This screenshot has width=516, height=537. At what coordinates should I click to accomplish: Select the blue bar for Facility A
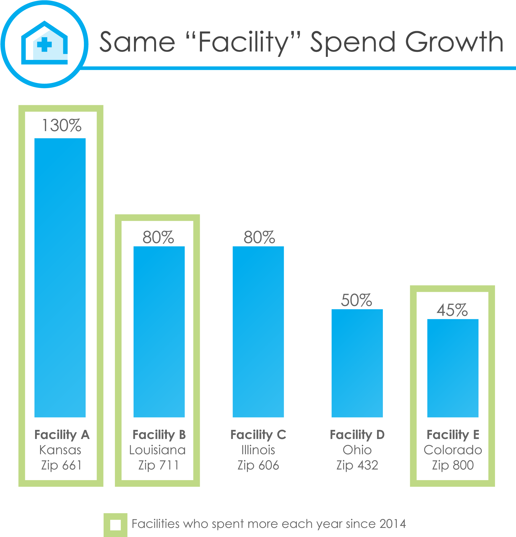click(x=60, y=277)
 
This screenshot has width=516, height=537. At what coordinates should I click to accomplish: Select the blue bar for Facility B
click(x=159, y=332)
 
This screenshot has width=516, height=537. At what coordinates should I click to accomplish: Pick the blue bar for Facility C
click(x=258, y=332)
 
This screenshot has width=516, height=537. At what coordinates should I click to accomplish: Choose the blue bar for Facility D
click(x=357, y=363)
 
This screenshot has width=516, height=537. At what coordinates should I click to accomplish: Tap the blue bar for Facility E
click(x=453, y=368)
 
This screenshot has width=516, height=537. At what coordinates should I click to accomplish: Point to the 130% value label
click(x=61, y=126)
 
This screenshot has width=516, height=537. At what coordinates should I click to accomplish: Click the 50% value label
click(x=356, y=300)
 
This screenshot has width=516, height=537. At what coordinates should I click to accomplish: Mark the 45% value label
click(x=452, y=310)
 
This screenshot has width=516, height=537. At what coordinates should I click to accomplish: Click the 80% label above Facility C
click(x=259, y=237)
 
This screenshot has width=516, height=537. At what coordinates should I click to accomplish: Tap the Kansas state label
click(x=60, y=450)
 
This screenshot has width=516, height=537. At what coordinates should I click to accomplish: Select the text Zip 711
click(x=158, y=465)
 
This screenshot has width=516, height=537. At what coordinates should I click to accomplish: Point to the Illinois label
click(x=258, y=450)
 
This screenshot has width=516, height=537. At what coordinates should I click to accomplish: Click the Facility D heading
click(x=357, y=435)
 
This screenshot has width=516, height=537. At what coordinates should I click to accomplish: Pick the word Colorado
click(x=453, y=450)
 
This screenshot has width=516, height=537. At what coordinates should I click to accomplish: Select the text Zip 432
click(x=357, y=465)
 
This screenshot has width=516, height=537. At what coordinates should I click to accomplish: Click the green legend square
click(x=115, y=525)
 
